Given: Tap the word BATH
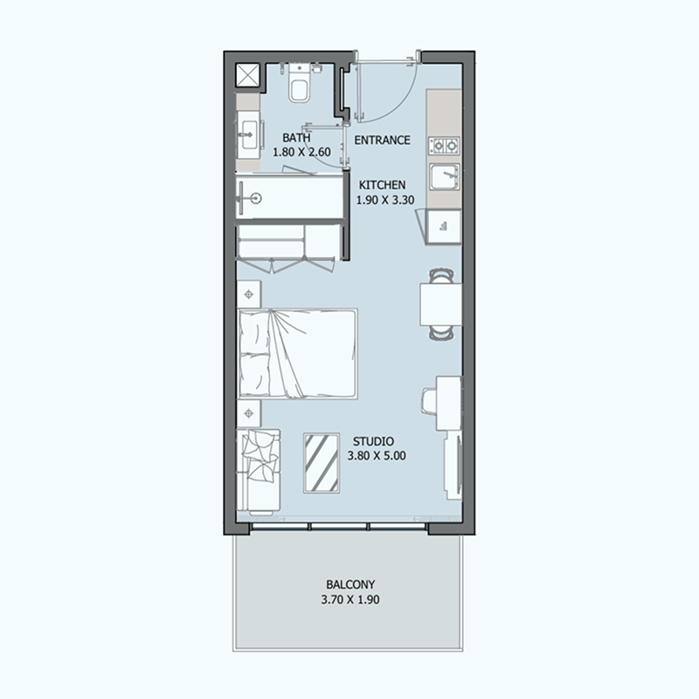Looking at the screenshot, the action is (296, 137).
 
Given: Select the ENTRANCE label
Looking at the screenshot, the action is (382, 140).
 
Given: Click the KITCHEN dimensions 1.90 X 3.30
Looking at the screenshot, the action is (385, 200).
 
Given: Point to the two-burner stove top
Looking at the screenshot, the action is (444, 145).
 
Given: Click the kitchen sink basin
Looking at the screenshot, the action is (444, 176).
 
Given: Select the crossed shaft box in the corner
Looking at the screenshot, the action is (247, 74).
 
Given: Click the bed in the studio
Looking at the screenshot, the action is (298, 354).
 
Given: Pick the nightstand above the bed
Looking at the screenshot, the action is (249, 294).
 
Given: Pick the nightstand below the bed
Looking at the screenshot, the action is (249, 413).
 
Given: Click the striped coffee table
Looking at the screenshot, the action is (322, 463).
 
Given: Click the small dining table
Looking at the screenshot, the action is (441, 304).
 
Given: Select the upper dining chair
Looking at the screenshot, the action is (441, 275).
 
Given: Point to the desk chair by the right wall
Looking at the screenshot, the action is (428, 401).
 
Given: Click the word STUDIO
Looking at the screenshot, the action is (373, 441).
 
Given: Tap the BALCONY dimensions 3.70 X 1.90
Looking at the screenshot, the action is (350, 599).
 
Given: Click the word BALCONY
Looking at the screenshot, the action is (350, 584).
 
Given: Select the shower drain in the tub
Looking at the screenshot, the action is (255, 198).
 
